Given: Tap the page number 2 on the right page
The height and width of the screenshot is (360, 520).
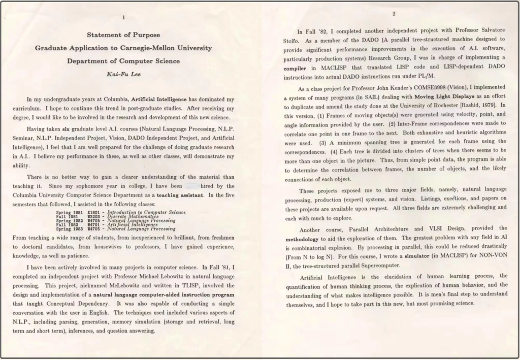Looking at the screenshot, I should tap(394, 13).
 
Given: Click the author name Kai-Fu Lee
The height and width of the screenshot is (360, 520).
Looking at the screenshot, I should tap(123, 74).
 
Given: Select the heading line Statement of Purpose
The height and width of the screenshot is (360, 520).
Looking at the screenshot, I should tap(123, 35).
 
